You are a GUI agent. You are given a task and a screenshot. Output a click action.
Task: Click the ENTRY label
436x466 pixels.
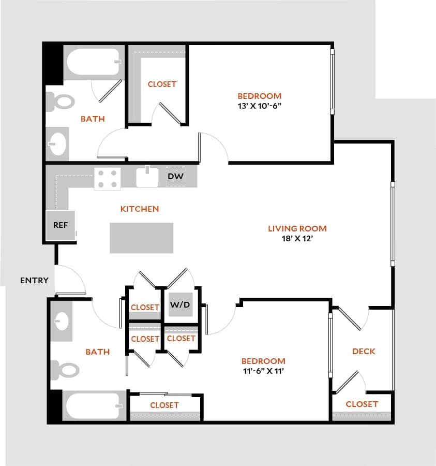click(34, 281)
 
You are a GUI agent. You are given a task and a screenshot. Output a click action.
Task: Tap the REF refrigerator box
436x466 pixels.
click(60, 225)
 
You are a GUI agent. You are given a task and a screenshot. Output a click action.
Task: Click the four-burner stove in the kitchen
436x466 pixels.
click(107, 179)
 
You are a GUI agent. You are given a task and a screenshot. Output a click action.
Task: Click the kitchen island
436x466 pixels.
click(141, 238)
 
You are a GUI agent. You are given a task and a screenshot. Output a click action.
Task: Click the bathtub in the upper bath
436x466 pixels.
click(93, 64)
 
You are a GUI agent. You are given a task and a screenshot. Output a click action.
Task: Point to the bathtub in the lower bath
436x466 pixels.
click(93, 406)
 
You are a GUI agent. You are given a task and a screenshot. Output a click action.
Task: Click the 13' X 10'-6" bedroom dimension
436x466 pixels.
click(260, 106)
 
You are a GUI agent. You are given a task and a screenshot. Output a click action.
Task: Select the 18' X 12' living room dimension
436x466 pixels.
click(297, 239)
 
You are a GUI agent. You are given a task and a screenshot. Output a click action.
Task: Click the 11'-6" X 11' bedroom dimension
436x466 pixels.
click(263, 371)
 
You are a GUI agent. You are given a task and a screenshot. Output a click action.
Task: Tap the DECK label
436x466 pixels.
click(364, 351)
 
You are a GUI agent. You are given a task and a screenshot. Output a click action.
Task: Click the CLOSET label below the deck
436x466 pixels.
click(362, 404)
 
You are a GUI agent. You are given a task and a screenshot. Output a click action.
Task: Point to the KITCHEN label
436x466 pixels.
click(140, 209)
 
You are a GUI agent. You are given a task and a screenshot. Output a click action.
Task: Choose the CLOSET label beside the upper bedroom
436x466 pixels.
click(162, 84)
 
